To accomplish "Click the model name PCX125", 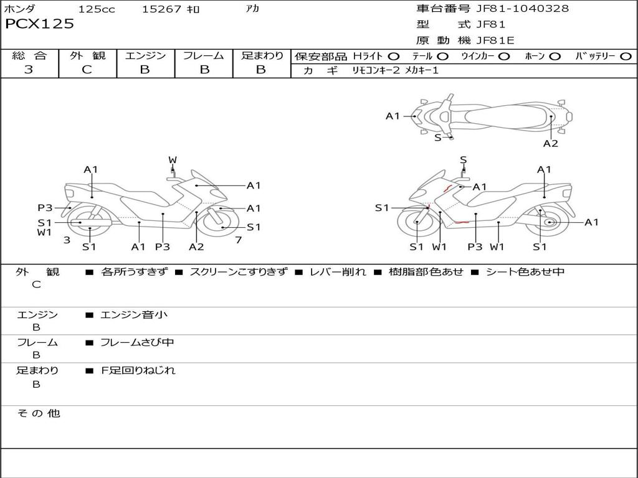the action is [x=39, y=24].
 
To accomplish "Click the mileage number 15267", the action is [x=161, y=9].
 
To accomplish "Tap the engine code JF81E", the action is [x=495, y=41].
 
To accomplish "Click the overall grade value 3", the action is [x=29, y=70].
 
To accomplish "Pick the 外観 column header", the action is [x=87, y=55].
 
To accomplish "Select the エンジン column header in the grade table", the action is [x=145, y=55].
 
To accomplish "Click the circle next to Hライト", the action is [x=394, y=56].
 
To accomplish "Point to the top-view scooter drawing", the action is [x=492, y=116].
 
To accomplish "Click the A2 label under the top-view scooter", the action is [x=550, y=144].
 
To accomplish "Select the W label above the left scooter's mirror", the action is [x=173, y=160].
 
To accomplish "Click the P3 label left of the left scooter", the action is [x=45, y=208].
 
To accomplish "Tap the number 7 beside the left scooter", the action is [x=238, y=240].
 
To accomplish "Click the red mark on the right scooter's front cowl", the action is [x=447, y=187].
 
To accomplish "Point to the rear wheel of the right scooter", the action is [x=549, y=222].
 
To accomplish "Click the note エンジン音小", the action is [x=134, y=315].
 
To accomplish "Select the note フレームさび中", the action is [x=137, y=342].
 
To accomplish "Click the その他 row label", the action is [x=38, y=413].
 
